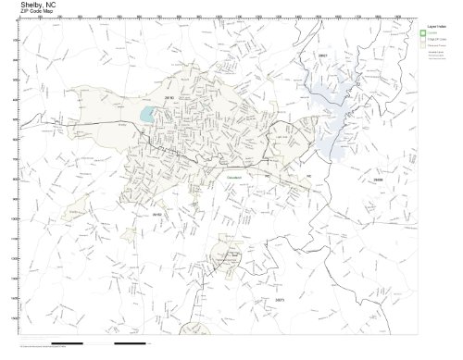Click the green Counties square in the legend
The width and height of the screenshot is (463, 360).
(x=424, y=33)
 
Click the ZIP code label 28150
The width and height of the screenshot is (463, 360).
(x=169, y=96)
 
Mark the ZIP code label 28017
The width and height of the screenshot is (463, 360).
(x=322, y=58)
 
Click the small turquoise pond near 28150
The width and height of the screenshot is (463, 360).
(x=147, y=115)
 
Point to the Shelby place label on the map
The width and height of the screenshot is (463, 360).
(x=123, y=121)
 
